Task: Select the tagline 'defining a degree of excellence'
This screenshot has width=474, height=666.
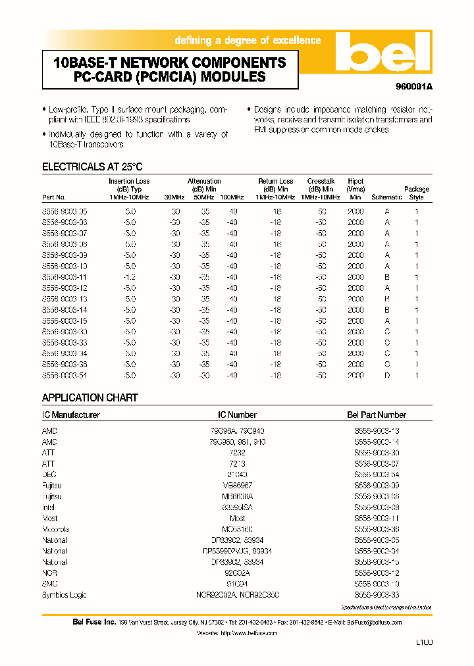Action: [248, 41]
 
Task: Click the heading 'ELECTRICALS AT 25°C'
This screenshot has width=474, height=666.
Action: [92, 167]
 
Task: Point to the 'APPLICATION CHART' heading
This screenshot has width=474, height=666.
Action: [90, 397]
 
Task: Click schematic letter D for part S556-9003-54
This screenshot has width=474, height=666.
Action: [387, 375]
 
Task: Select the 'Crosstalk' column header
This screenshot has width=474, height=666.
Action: [321, 182]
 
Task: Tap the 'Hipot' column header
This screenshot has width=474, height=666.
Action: [355, 182]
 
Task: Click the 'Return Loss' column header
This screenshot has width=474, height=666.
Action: [275, 182]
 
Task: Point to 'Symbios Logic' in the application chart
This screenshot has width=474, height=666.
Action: [63, 595]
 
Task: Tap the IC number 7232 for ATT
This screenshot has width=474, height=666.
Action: [237, 453]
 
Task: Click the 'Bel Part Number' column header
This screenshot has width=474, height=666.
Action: [376, 415]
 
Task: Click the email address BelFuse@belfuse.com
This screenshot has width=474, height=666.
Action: [373, 622]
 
